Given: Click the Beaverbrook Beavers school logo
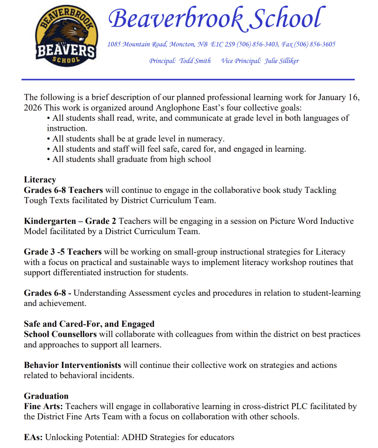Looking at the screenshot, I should coord(65,37).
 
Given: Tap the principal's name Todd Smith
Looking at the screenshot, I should coord(195,61).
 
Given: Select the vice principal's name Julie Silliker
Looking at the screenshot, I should coord(281,61).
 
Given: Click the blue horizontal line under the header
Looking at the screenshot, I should coord(188,80).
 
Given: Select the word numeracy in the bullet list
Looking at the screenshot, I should coord(205,139).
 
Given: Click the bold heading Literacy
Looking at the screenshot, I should coord(40,179).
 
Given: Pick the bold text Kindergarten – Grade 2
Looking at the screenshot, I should coord(71,221).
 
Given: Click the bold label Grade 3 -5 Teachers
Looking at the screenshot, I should coord(63,252).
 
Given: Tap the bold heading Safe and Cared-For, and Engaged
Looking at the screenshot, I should coord(89,324).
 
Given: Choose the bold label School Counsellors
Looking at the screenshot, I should coord(60,334).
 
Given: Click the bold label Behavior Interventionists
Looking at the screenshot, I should coord(73,365).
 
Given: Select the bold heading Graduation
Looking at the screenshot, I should coord(46,396).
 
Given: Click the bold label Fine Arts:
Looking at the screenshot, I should coord(43,406).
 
